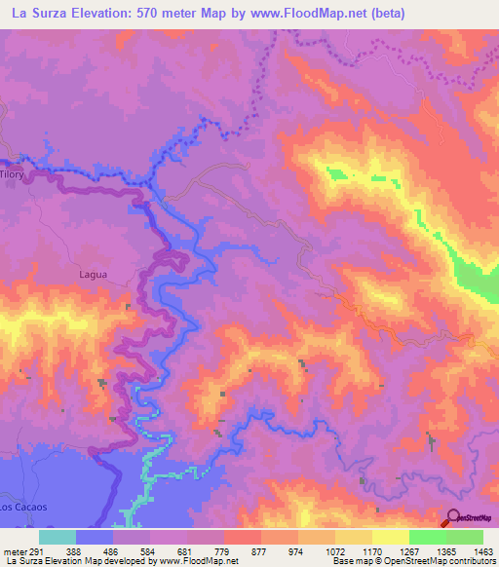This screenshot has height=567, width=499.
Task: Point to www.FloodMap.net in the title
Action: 303,14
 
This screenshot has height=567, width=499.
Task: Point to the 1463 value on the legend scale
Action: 484,550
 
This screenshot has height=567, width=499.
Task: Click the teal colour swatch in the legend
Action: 58,537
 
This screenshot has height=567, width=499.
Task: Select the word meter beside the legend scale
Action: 14,550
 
